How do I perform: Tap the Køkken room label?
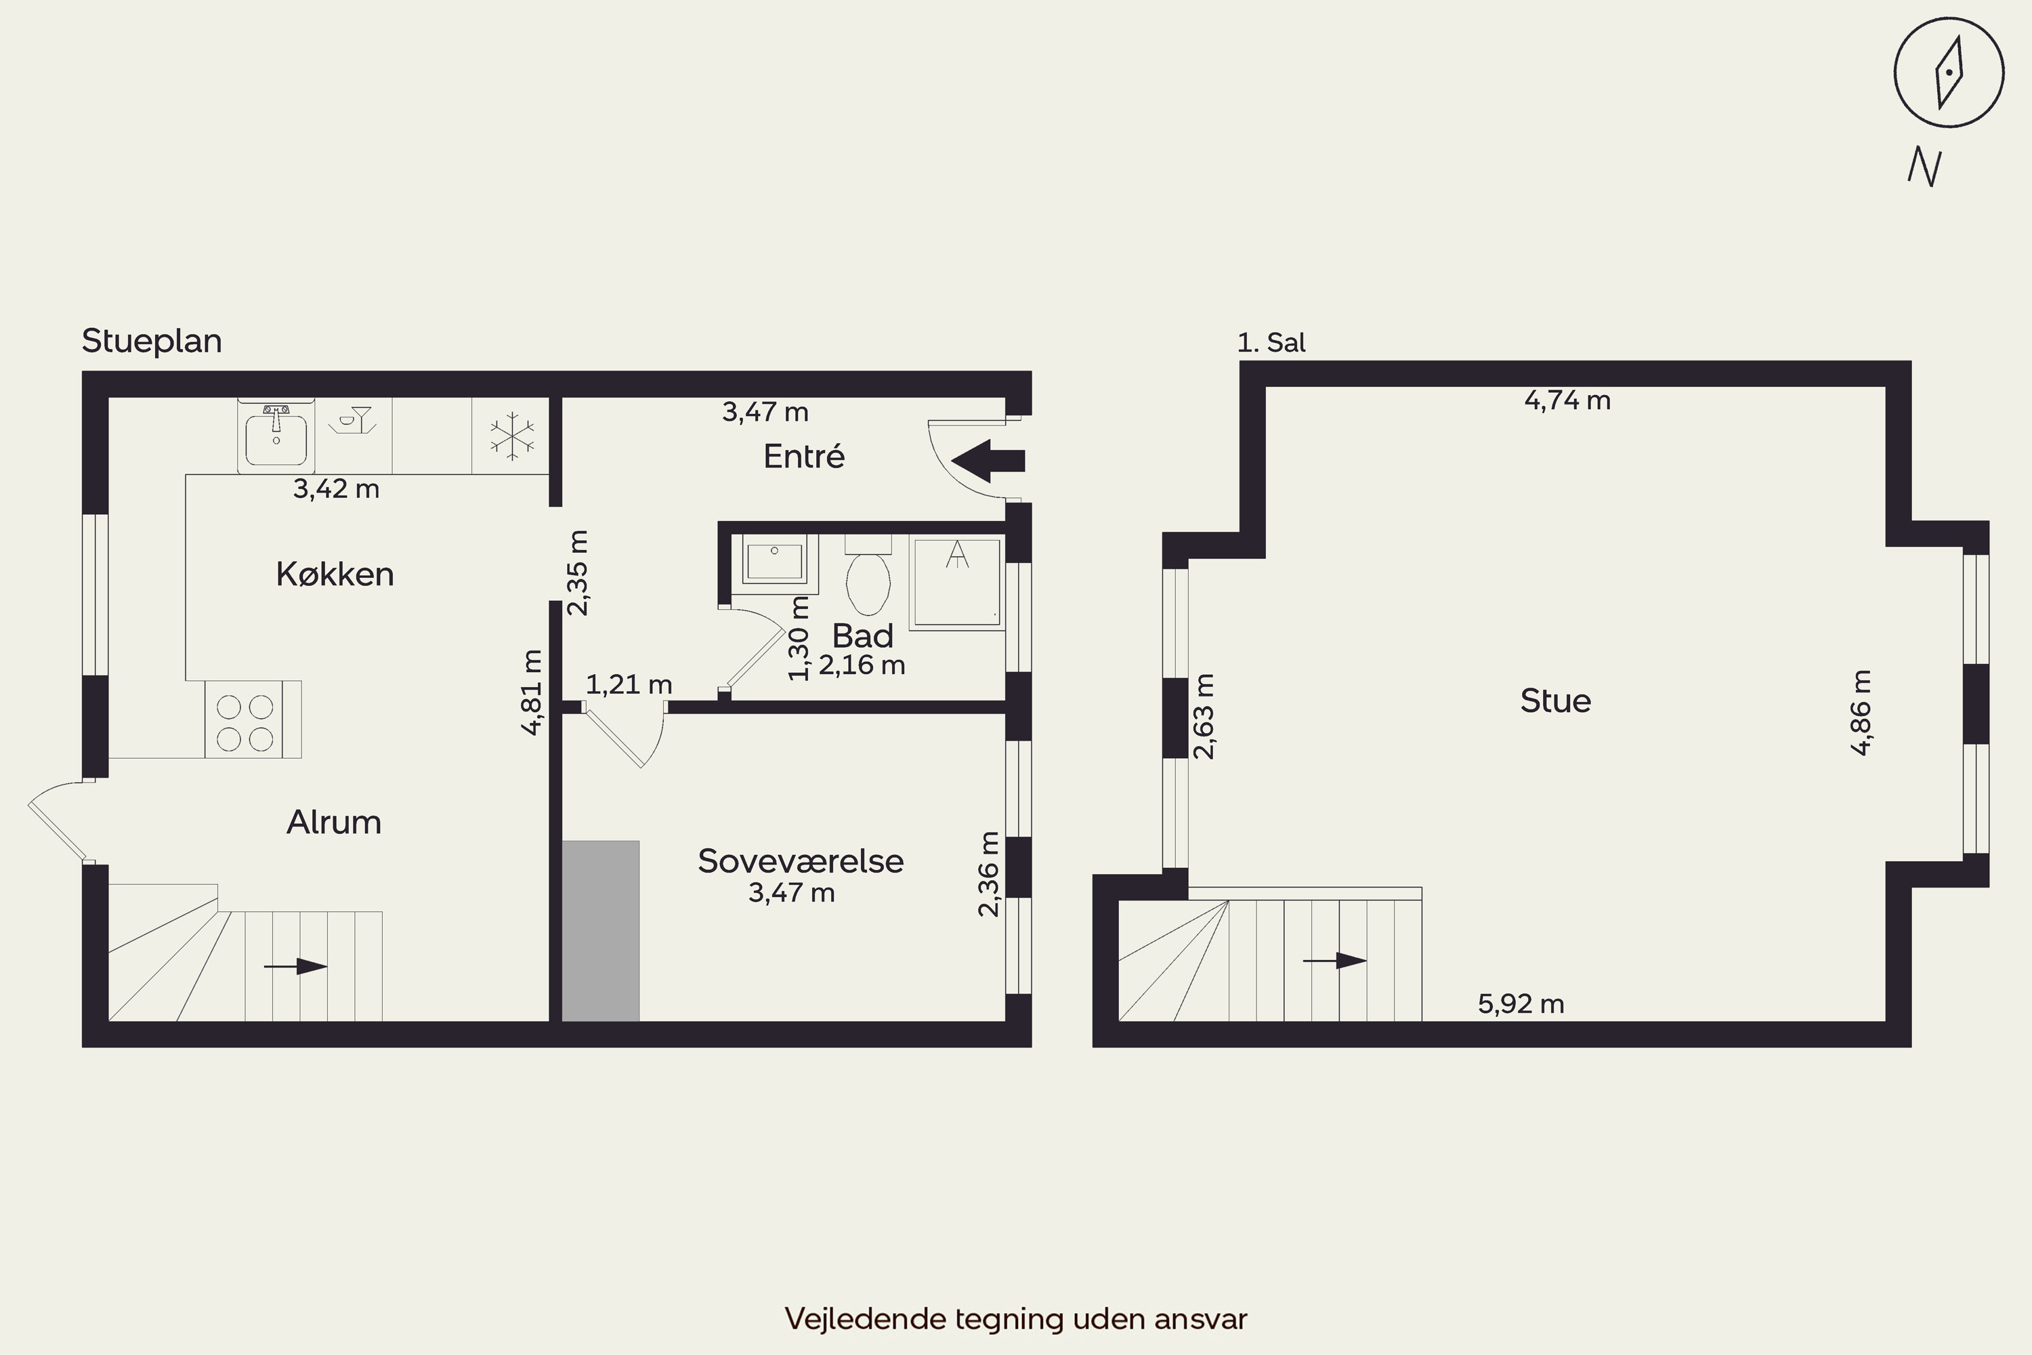pos(335,574)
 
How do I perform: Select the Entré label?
pos(803,455)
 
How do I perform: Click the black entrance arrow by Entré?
pos(988,461)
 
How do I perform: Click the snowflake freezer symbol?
pos(511,436)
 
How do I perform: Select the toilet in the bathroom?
pos(868,575)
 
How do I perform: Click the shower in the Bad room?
pos(956,581)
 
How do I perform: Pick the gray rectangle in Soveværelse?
pos(600,931)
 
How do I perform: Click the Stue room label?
pos(1555,701)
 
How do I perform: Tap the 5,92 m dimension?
pos(1521,1003)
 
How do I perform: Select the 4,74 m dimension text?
pos(1567,400)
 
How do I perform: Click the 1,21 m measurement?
pos(629,684)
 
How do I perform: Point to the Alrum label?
pos(333,822)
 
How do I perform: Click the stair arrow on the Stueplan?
pos(295,966)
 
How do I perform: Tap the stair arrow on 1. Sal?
pos(1335,960)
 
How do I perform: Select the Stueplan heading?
pos(152,341)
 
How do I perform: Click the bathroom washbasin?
pos(775,562)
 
